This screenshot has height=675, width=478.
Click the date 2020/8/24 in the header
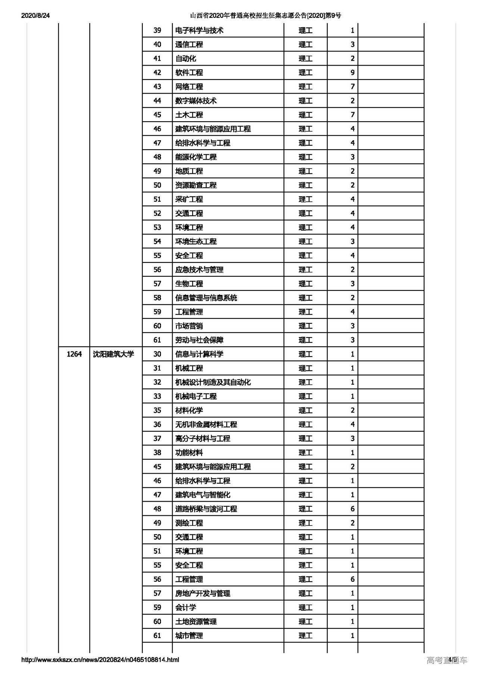point(35,16)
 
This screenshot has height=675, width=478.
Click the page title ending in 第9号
point(266,16)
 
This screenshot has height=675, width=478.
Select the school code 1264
point(74,354)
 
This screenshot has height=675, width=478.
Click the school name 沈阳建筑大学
point(114,354)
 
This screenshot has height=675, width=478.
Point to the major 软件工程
point(189,73)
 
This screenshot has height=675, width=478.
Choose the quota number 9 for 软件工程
point(352,73)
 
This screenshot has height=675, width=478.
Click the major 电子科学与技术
point(199,31)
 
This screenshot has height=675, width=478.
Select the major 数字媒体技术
point(196,101)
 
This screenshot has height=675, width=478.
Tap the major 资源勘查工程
point(196,185)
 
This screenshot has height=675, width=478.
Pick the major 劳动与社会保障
point(199,340)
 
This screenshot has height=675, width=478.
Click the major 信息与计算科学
point(199,354)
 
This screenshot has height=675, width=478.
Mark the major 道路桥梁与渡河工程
point(206,509)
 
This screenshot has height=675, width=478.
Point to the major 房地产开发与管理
point(203,593)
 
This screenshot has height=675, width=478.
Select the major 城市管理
point(189,635)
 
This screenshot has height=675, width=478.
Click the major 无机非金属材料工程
point(206,424)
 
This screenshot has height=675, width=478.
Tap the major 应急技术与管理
point(199,270)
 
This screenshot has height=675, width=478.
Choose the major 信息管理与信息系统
point(206,298)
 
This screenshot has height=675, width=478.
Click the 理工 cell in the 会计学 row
point(305,607)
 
